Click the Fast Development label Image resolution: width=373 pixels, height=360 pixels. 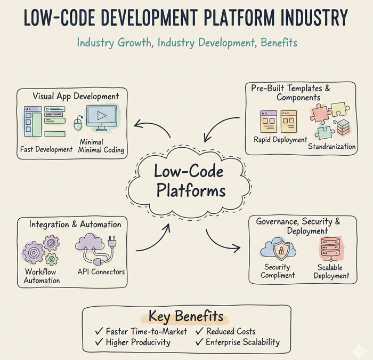click(46, 149)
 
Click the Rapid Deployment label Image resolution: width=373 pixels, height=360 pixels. click(280, 140)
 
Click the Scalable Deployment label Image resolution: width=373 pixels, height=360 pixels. click(331, 271)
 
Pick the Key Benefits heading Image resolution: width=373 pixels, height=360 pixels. click(186, 316)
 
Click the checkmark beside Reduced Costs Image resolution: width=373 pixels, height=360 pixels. click(199, 331)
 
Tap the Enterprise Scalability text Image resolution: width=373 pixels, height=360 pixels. click(242, 342)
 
